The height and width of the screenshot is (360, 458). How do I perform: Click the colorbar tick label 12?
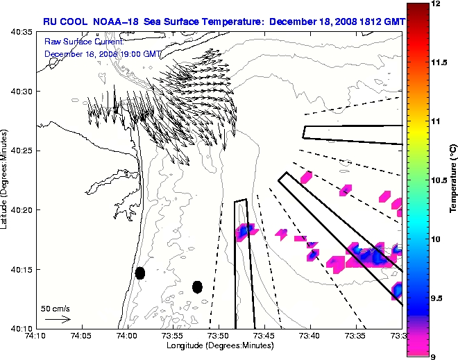coord(436,4)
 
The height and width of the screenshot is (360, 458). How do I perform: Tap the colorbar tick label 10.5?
coord(439,180)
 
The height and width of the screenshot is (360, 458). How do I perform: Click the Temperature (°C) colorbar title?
coord(452,180)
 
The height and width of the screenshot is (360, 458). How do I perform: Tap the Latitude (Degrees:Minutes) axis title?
coord(6,180)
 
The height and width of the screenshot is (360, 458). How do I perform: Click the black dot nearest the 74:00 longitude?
coord(139,273)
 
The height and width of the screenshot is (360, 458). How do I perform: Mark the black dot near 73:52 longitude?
coord(197,286)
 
